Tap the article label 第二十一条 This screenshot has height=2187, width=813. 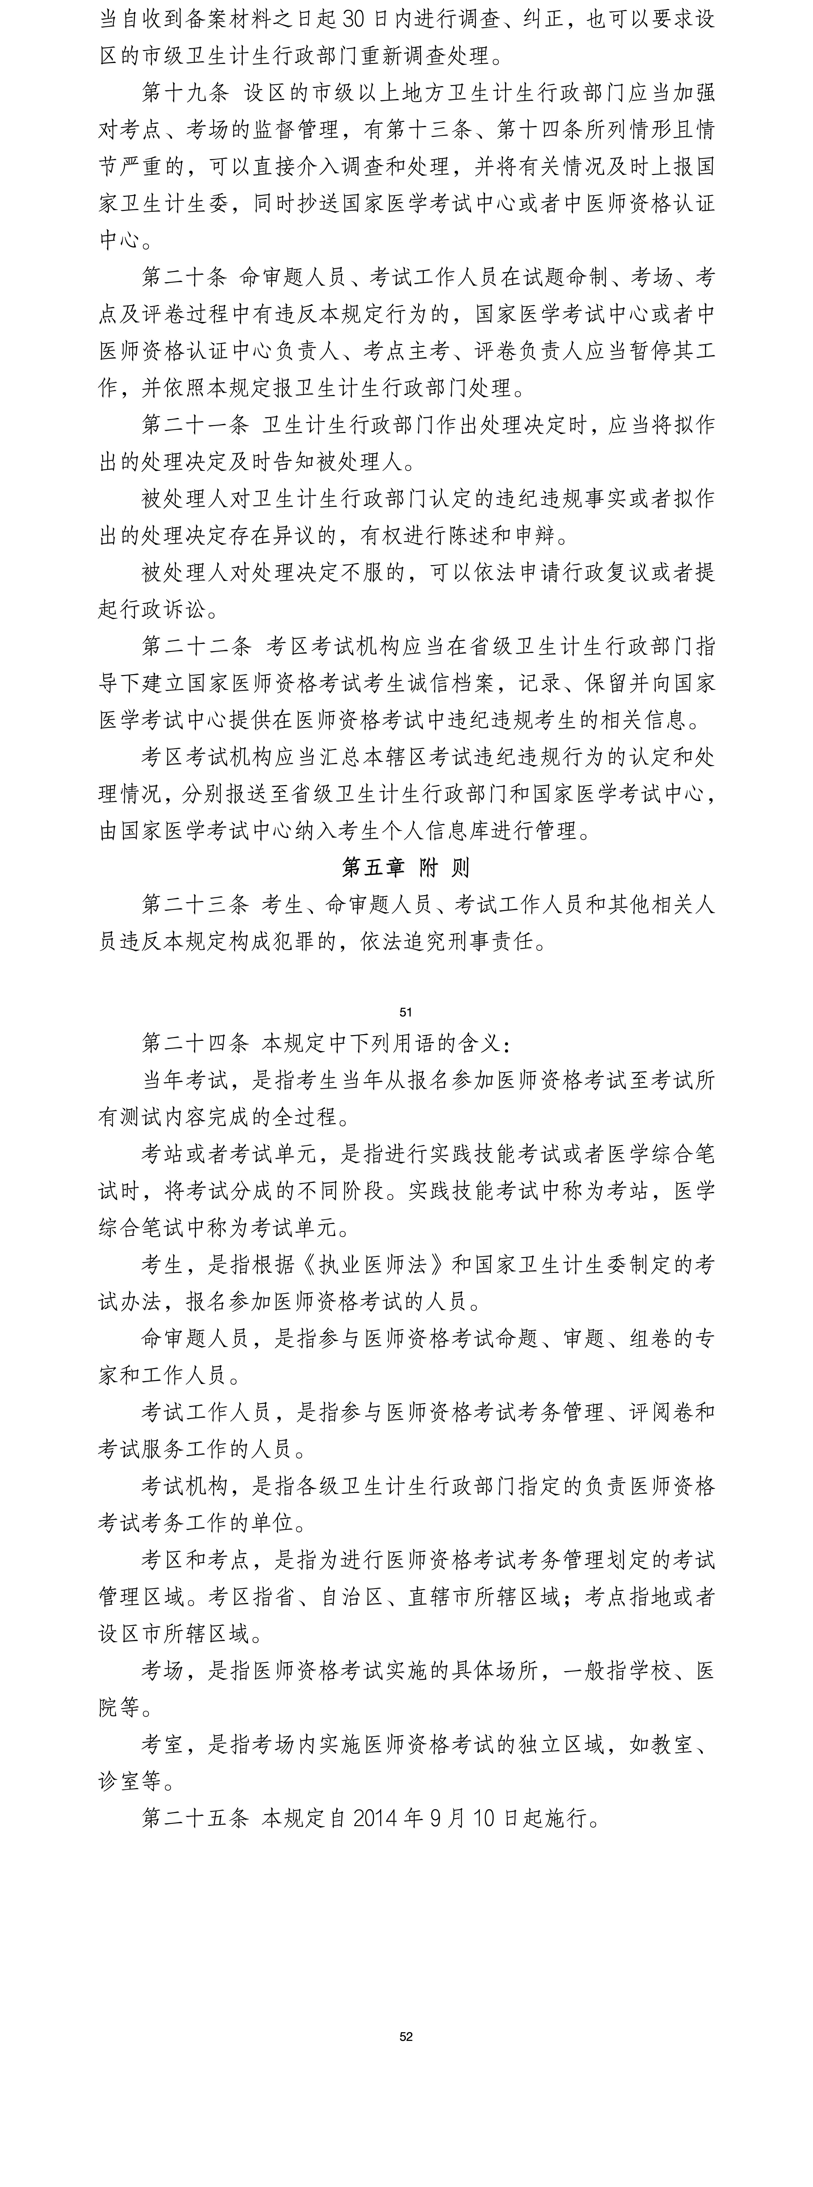(x=195, y=424)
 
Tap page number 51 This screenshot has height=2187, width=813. (x=406, y=1012)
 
